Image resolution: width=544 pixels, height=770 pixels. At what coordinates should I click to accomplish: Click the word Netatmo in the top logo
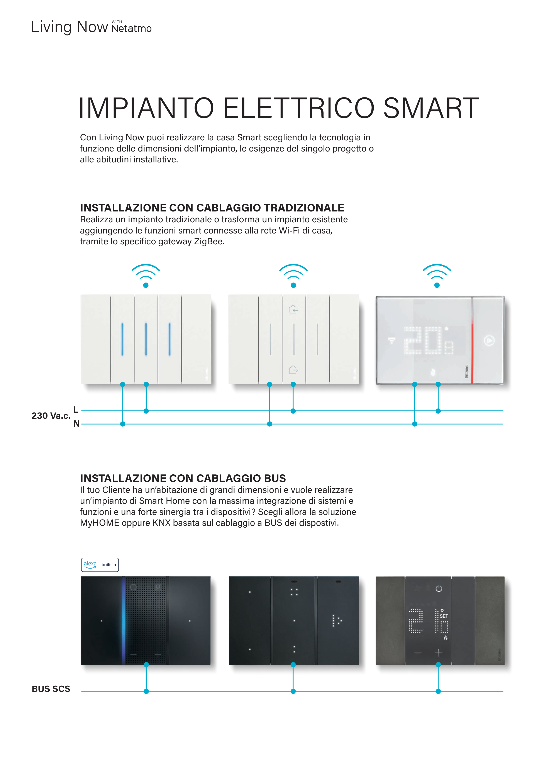(x=131, y=29)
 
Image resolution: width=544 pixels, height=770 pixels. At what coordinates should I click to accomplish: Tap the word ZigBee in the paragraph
(x=209, y=242)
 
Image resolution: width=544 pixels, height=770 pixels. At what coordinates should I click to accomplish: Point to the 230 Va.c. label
(x=51, y=416)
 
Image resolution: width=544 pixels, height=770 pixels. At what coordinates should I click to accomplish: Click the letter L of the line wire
(x=76, y=409)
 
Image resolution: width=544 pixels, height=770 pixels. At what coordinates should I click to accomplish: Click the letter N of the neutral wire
(x=76, y=424)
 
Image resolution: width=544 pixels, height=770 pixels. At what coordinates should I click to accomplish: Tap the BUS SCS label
(x=51, y=689)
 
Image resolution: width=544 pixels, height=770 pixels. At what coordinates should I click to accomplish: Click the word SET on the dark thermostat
(x=444, y=616)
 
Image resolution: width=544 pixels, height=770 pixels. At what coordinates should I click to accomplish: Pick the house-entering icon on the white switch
(x=293, y=309)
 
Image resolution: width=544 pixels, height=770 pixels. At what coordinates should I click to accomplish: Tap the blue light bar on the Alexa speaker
(x=124, y=620)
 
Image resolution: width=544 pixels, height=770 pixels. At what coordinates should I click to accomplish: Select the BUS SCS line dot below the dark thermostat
(x=438, y=691)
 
